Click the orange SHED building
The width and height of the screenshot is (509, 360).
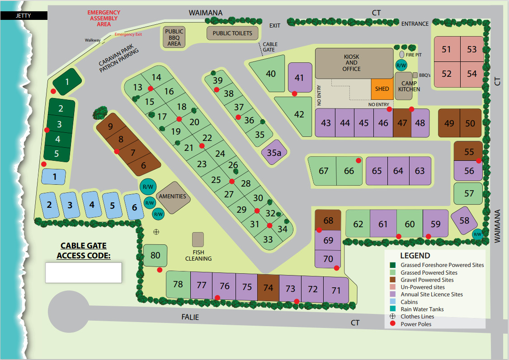coord(382,89)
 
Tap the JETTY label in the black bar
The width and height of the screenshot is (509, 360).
coord(23,15)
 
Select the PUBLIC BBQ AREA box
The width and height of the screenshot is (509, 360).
coord(174,37)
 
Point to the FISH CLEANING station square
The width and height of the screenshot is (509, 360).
coord(198,239)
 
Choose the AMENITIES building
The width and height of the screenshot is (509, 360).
coord(172,197)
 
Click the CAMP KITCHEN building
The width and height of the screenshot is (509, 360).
coord(409,85)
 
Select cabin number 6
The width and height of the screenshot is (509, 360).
coord(134,207)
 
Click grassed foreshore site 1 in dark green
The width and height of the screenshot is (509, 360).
coord(67,82)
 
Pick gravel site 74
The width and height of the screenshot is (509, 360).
coord(268,288)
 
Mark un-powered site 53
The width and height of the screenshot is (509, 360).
coord(471,49)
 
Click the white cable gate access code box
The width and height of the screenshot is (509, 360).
coord(84,272)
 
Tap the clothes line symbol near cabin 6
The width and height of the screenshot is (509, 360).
coord(156,232)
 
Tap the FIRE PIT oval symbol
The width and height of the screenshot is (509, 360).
coord(402,55)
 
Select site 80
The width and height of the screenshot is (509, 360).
coord(155,256)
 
